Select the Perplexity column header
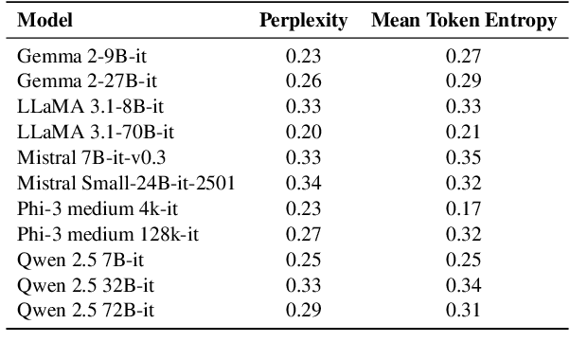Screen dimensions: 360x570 (304, 20)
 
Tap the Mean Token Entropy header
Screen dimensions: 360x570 (463, 20)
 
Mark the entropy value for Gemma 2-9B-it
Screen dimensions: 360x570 (463, 56)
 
